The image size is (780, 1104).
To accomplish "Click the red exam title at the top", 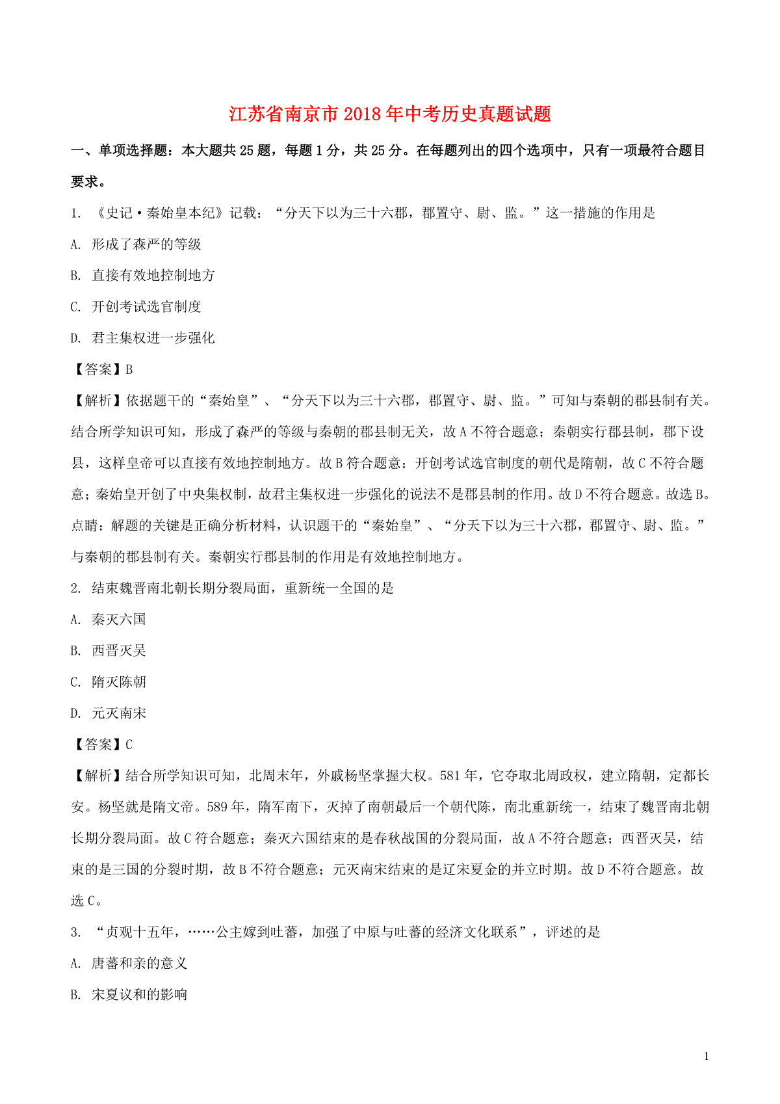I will tap(390, 114).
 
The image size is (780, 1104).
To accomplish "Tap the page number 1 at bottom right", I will tap(707, 1057).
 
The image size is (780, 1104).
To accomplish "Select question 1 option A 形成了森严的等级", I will tap(146, 244).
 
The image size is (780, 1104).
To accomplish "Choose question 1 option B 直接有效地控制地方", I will tap(153, 276).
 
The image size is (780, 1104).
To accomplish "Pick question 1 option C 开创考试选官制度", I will tap(146, 307).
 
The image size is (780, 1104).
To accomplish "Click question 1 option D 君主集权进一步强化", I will tap(153, 338).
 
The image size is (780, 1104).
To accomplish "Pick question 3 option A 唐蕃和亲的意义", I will tap(139, 964).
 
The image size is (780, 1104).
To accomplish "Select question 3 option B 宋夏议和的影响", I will tap(139, 995).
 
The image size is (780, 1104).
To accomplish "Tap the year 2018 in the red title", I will tap(363, 114).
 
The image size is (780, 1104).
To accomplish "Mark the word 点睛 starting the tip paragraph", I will tap(84, 525).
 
